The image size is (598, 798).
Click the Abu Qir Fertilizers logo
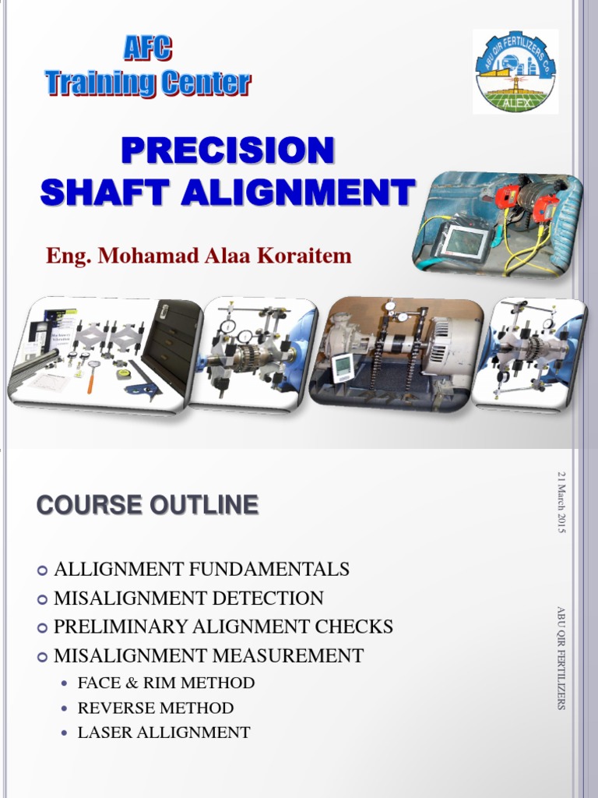point(515,72)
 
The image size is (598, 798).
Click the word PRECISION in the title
point(227,150)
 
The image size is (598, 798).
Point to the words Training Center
point(147,83)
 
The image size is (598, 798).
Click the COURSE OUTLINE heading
point(147,505)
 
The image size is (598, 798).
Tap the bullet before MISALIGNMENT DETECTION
point(43,599)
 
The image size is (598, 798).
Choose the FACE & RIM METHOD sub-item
point(166,683)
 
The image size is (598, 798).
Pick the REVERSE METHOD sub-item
point(156,708)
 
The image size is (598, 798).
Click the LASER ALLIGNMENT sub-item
point(164,733)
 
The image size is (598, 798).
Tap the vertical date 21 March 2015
point(561,502)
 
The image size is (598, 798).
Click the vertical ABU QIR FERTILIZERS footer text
point(561,658)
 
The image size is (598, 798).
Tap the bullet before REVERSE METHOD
point(65,708)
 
